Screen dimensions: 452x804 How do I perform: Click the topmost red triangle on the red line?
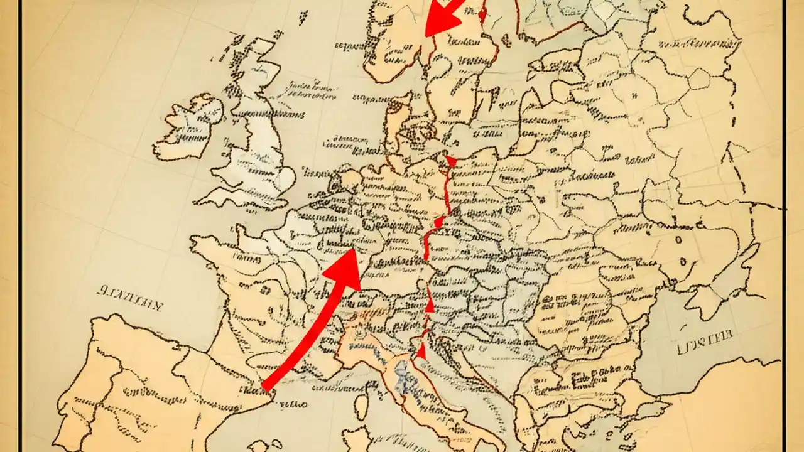[x=451, y=161]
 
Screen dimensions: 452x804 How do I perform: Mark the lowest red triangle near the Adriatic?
[x=421, y=350]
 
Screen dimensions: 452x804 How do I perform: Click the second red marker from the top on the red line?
[x=438, y=222]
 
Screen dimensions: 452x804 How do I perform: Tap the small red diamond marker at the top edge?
[x=482, y=13]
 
